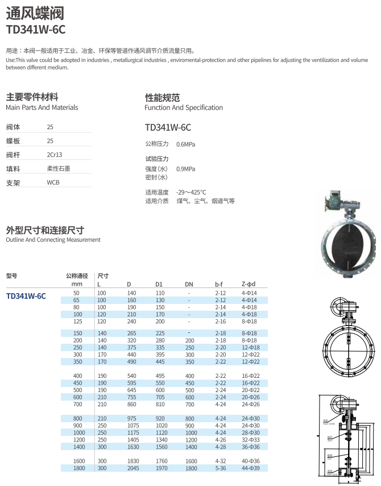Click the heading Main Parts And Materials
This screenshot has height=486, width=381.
point(42,108)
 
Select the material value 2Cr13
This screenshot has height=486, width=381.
point(55,155)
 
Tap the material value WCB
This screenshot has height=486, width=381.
point(53,183)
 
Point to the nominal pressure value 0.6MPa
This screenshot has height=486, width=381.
point(185,145)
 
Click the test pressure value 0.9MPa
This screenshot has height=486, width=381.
point(185,169)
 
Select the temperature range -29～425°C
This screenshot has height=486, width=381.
point(191,192)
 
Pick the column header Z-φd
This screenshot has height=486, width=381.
point(249,284)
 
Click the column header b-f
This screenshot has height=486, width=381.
point(220,284)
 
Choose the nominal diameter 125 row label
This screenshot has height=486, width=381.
point(78,322)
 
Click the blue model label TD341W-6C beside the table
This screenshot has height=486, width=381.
point(26,296)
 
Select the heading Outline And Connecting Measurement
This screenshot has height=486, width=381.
point(53,240)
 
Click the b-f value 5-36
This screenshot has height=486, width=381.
point(221,468)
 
